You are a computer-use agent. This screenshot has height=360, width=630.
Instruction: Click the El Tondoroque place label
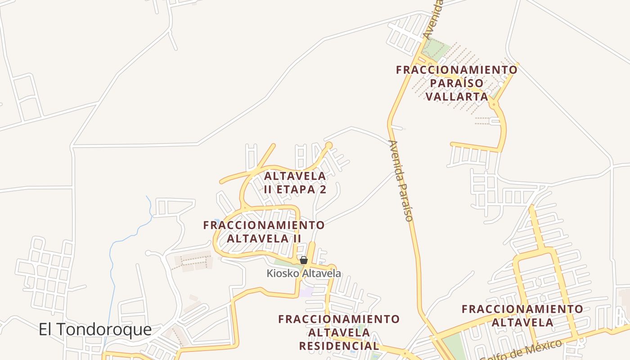pyautogui.click(x=95, y=330)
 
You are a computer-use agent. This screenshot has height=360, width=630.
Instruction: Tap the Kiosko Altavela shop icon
pyautogui.click(x=304, y=260)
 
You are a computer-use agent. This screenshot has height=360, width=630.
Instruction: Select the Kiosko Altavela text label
pyautogui.click(x=304, y=273)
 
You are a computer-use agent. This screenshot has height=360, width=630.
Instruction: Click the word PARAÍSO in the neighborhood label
pyautogui.click(x=456, y=83)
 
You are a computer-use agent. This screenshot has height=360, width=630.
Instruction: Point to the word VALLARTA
pyautogui.click(x=456, y=97)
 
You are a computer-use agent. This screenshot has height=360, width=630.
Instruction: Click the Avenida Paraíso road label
pyautogui.click(x=401, y=181)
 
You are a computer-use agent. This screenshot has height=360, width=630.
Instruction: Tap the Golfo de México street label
pyautogui.click(x=522, y=350)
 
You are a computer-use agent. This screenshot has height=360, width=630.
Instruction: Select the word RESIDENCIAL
pyautogui.click(x=339, y=346)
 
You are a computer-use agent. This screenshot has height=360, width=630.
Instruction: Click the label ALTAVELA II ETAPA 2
pyautogui.click(x=295, y=183)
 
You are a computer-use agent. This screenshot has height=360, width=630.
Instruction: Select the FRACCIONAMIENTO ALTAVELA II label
pyautogui.click(x=264, y=231)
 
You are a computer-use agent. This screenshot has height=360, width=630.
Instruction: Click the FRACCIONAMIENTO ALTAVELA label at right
pyautogui.click(x=522, y=316)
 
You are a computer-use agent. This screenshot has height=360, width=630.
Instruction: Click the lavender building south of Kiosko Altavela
pyautogui.click(x=307, y=292)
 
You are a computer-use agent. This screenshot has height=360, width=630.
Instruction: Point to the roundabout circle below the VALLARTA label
pyautogui.click(x=494, y=104)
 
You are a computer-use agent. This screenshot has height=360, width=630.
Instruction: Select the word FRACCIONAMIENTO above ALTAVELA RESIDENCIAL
pyautogui.click(x=339, y=319)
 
